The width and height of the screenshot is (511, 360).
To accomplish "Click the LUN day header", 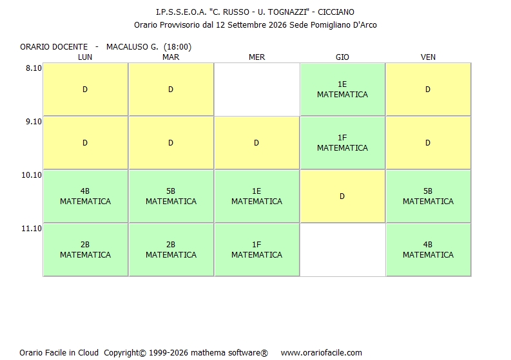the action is (x=85, y=57).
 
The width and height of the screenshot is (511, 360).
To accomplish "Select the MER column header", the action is (x=257, y=57).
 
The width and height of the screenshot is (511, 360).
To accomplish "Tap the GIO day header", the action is (x=342, y=57).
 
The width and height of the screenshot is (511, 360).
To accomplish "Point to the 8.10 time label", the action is (x=34, y=68).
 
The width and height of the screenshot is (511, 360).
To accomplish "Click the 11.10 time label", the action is (x=32, y=229).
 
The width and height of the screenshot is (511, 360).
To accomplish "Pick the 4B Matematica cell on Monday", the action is (x=86, y=196).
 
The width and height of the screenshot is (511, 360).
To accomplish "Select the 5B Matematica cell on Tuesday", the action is (x=171, y=196).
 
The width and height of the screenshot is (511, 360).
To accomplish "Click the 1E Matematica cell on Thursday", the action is (x=343, y=90).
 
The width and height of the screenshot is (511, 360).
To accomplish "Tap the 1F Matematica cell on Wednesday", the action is (x=257, y=250).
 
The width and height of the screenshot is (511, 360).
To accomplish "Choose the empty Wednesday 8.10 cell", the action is (x=257, y=90).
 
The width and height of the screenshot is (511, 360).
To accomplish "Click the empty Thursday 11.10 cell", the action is (x=343, y=250).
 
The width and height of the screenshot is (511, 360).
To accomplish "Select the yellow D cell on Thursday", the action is (x=343, y=196).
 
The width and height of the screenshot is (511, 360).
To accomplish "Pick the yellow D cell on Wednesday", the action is (x=257, y=143).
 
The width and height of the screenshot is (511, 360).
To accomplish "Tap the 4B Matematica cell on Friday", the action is (x=429, y=250).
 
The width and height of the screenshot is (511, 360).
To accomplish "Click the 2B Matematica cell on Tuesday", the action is (x=171, y=250).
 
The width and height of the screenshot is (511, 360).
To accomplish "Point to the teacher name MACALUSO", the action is (x=128, y=47).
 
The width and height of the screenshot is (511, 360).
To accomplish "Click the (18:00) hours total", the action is (x=177, y=47).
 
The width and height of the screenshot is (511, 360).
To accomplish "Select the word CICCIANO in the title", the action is (x=336, y=12).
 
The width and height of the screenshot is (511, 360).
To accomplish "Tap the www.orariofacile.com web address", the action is (x=322, y=353).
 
